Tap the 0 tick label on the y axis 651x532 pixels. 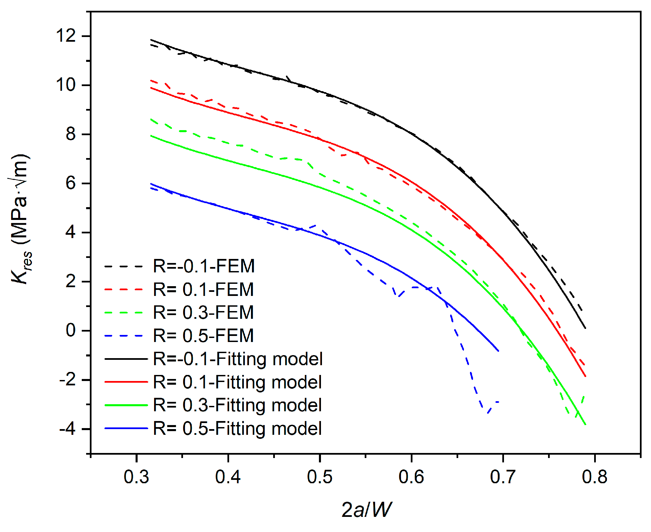71,330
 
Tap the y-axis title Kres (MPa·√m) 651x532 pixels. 21,219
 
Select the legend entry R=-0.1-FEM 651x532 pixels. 204,266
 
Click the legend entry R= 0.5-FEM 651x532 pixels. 204,336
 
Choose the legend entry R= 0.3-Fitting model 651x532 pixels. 237,405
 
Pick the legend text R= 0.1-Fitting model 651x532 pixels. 237,382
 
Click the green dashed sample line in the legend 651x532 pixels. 124,313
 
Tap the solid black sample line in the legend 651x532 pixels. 126,359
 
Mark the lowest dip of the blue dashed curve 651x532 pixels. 487,413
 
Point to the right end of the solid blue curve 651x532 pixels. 498,351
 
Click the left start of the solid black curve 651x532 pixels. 151,40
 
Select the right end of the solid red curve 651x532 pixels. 585,376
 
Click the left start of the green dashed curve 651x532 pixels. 151,119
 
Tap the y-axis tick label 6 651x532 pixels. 71,183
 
